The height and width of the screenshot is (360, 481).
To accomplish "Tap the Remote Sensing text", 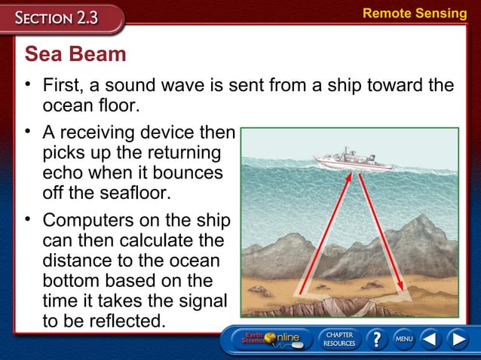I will click(415, 13).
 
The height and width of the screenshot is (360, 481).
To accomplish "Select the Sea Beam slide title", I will click(75, 54).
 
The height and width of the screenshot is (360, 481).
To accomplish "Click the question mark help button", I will click(374, 340).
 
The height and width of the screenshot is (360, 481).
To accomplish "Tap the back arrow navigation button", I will click(430, 340).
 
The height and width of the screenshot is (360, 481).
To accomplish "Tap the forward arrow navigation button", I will click(458, 340).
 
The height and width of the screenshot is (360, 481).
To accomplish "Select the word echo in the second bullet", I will click(64, 172).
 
